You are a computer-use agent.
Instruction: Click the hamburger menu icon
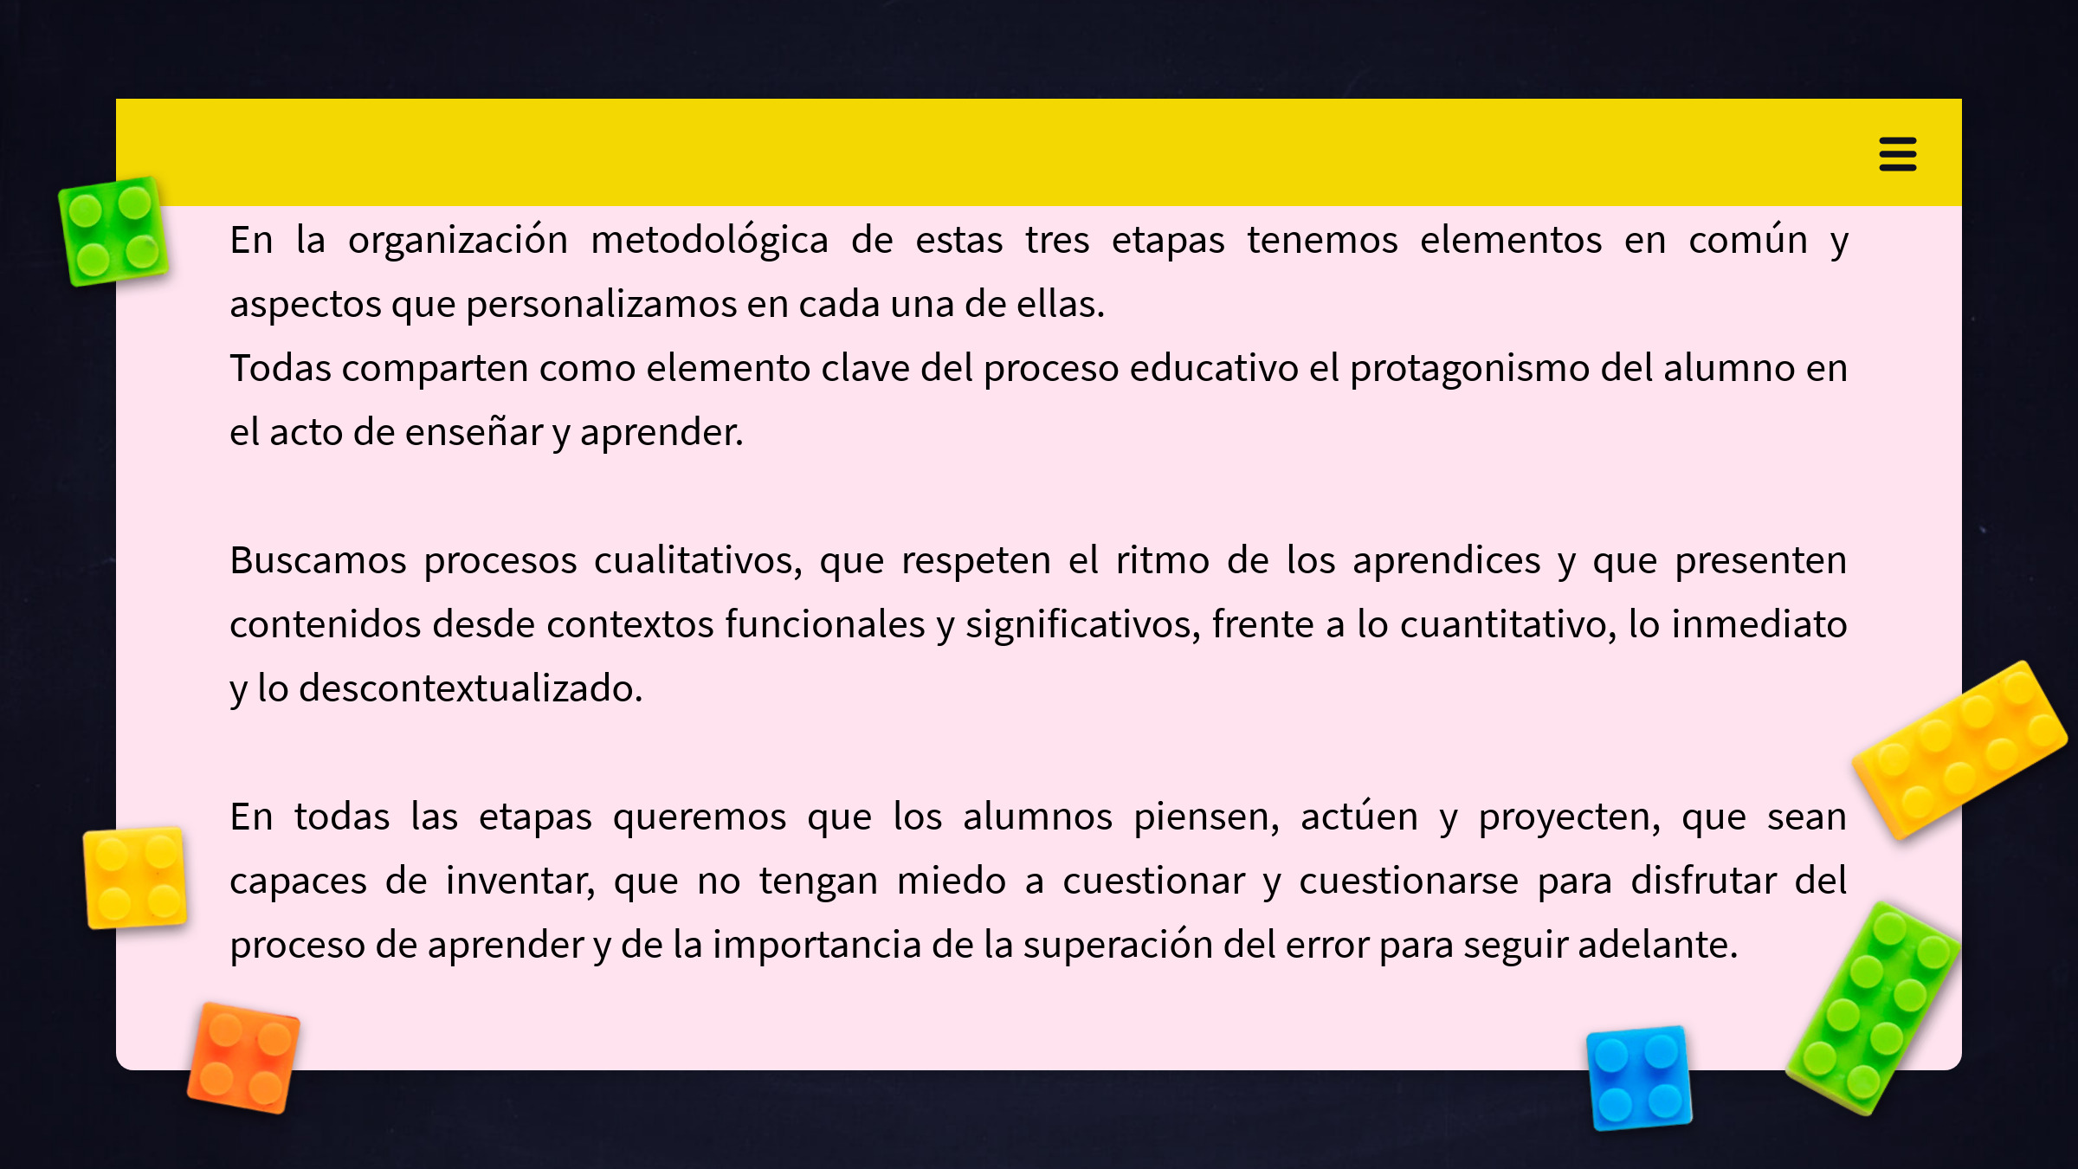point(1897,154)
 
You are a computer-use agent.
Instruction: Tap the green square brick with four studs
point(113,231)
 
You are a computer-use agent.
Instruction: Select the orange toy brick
point(244,1057)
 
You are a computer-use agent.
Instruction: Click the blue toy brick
point(1639,1078)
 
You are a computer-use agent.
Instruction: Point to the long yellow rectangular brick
point(1960,750)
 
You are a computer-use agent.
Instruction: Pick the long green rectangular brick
point(1874,1008)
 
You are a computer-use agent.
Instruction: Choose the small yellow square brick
point(135,877)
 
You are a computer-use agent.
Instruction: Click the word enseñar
point(474,432)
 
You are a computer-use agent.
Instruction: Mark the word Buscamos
point(318,560)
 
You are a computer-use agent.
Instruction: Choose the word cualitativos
point(698,561)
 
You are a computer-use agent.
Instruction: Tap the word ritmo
point(1162,560)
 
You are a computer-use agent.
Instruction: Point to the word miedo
point(952,881)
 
